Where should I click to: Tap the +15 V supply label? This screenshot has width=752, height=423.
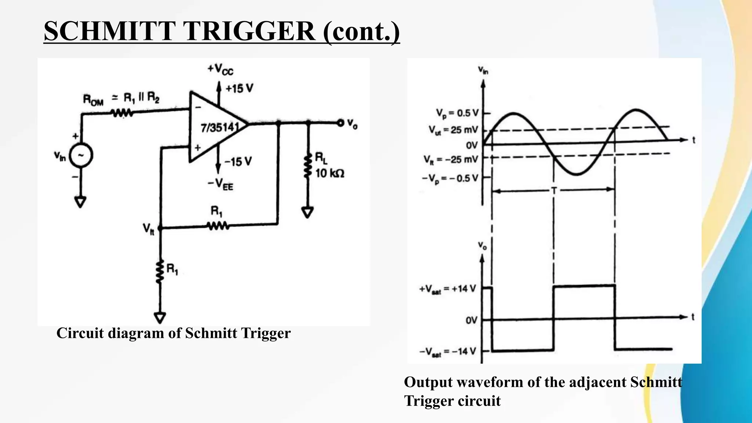pos(239,88)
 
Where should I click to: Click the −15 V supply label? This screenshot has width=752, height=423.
pos(238,162)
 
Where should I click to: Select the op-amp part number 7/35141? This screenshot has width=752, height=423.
pos(220,128)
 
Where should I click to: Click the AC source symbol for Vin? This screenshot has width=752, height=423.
pos(81,155)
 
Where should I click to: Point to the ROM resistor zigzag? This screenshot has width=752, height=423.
pos(122,113)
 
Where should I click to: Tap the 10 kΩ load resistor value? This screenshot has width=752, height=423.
pos(330,173)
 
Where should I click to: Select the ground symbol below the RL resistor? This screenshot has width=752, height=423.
pos(307,212)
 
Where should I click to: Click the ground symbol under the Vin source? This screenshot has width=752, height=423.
pos(80,202)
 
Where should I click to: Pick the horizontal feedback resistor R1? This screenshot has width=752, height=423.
pos(218,225)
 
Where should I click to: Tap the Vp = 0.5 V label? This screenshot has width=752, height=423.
pos(457,113)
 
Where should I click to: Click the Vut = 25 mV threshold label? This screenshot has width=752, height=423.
pos(453,130)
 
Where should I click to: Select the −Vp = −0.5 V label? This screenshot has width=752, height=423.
pos(450,178)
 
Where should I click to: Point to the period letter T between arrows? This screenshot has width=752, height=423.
pos(554,191)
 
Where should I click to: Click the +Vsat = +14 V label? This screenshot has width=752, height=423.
pos(448,289)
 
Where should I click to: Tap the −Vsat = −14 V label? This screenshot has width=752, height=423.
pos(448,352)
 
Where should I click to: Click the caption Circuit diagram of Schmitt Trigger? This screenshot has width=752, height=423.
pos(173,333)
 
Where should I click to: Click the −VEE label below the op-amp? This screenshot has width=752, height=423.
pos(220,184)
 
